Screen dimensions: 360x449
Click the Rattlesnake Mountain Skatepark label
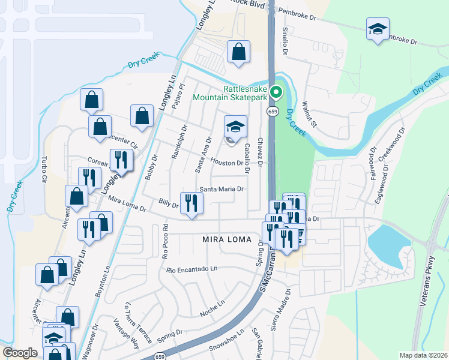pyautogui.click(x=229, y=92)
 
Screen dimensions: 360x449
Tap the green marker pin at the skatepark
pyautogui.click(x=276, y=92)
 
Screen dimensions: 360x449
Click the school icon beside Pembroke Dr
pyautogui.click(x=378, y=29)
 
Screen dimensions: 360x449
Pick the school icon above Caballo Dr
pyautogui.click(x=235, y=127)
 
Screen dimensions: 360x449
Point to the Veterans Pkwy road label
pyautogui.click(x=431, y=290)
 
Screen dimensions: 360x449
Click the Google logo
pyautogui.click(x=20, y=353)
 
